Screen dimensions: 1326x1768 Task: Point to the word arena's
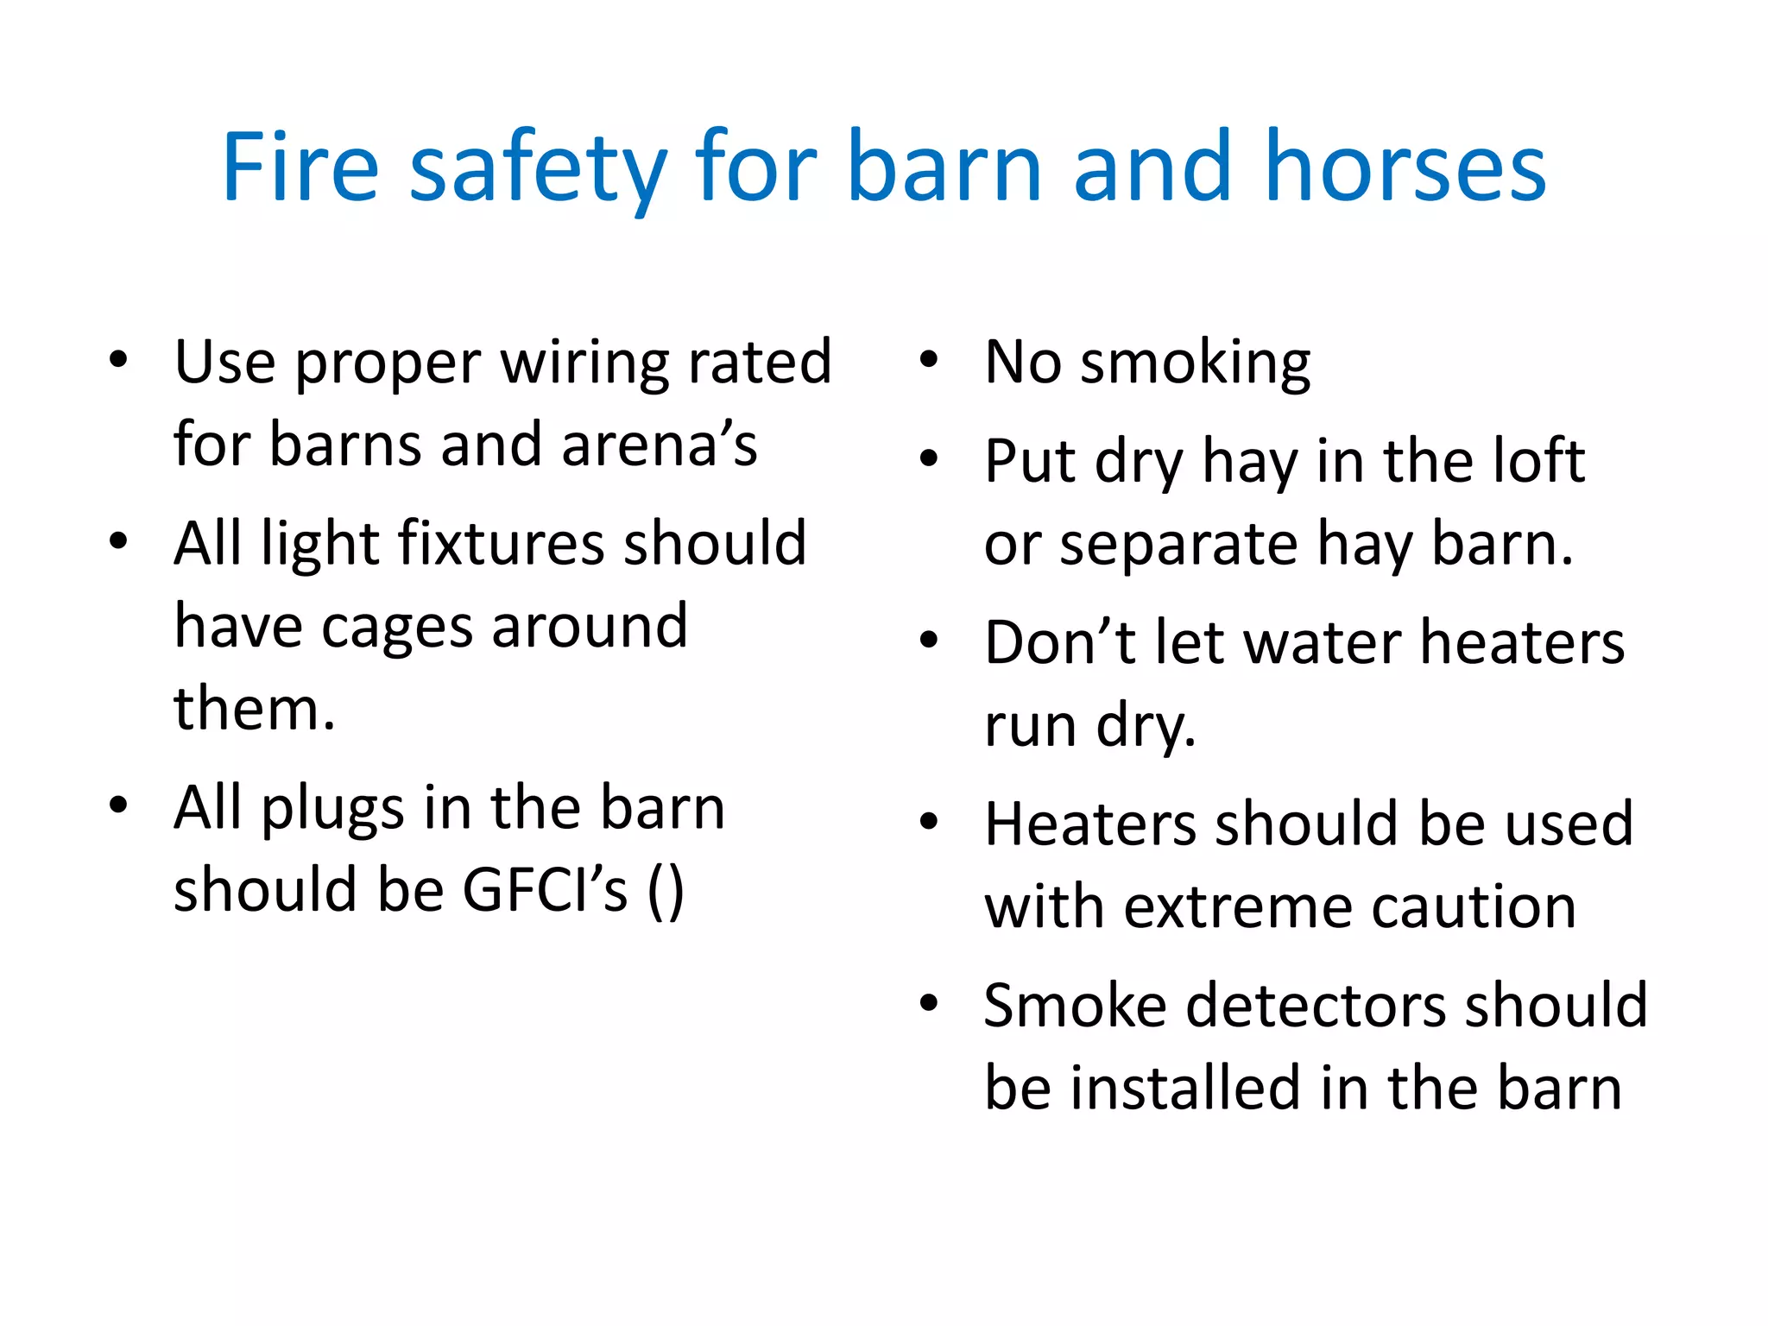(x=660, y=445)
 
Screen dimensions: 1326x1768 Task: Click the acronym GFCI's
(x=545, y=890)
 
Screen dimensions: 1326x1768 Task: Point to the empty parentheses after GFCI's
(x=666, y=892)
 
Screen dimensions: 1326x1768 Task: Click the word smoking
(x=1196, y=363)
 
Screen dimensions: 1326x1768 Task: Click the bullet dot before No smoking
(x=929, y=360)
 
